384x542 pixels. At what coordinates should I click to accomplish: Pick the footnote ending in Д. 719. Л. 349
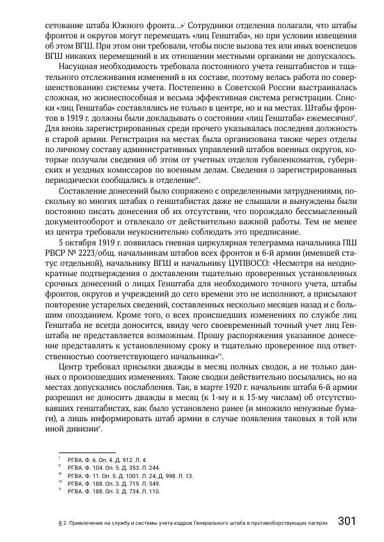click(x=109, y=484)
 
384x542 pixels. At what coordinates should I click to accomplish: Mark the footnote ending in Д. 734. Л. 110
click(x=109, y=493)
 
